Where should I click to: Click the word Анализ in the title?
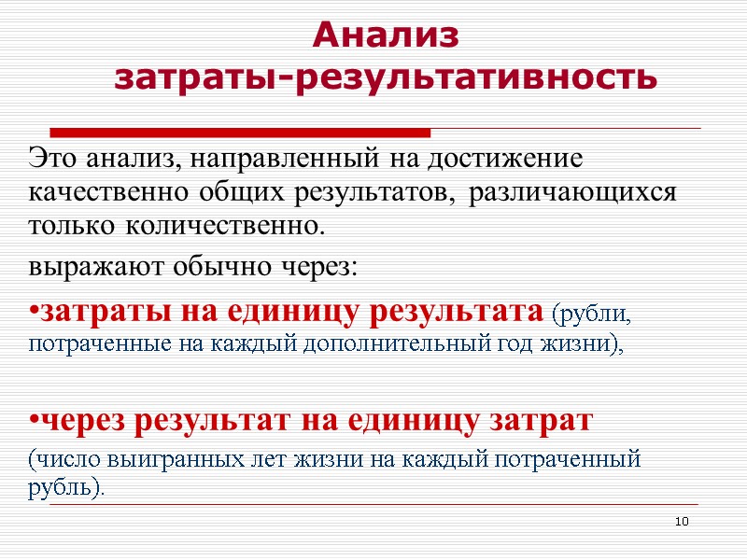[x=386, y=35]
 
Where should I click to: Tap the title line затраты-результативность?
[x=386, y=77]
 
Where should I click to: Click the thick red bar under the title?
[x=240, y=132]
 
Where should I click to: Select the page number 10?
[x=682, y=520]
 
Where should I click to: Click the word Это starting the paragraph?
[x=53, y=158]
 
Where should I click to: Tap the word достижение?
[x=506, y=158]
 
